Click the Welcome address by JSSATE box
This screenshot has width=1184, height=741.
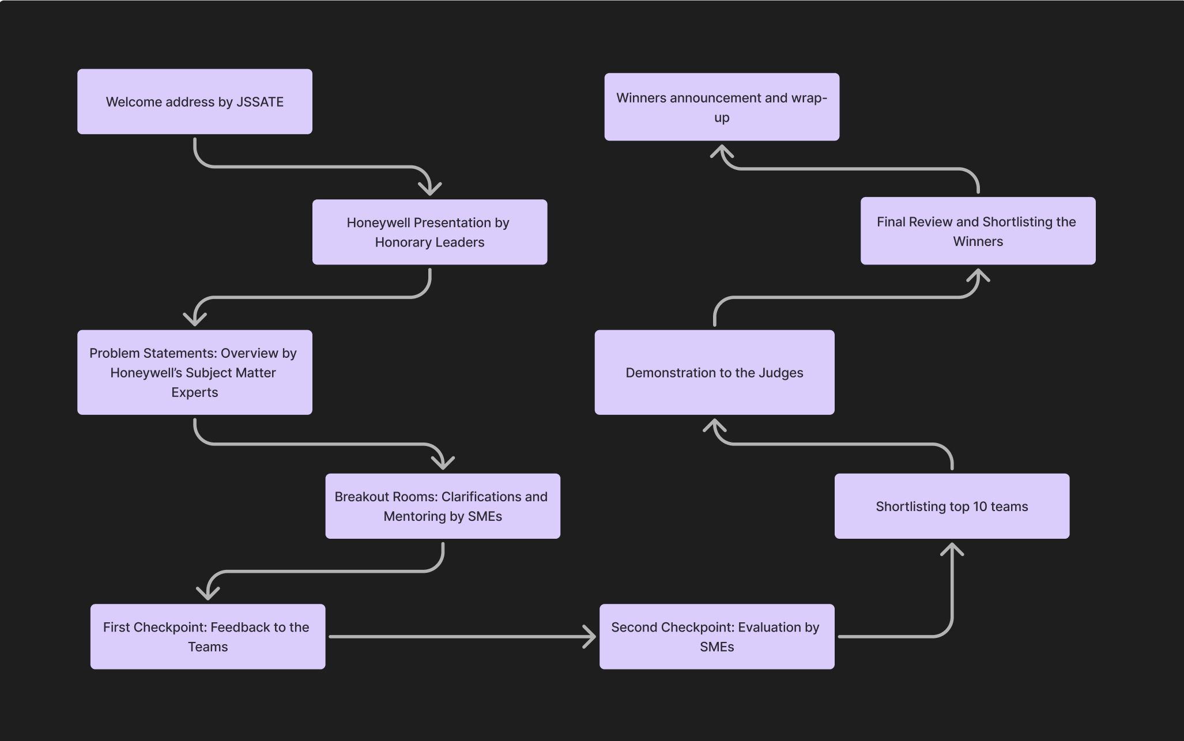click(195, 101)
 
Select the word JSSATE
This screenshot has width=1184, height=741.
click(260, 102)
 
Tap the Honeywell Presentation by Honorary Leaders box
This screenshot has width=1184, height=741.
click(429, 232)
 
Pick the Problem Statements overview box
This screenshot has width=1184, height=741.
click(195, 372)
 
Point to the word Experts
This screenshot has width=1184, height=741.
click(195, 392)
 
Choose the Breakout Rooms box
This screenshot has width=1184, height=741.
click(443, 506)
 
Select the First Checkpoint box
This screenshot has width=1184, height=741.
click(208, 636)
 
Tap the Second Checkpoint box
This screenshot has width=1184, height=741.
click(717, 636)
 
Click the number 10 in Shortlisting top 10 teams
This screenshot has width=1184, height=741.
click(980, 506)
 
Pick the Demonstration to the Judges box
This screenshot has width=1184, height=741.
click(714, 372)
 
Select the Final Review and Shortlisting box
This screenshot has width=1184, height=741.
click(978, 230)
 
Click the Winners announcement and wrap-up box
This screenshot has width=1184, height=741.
click(722, 107)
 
